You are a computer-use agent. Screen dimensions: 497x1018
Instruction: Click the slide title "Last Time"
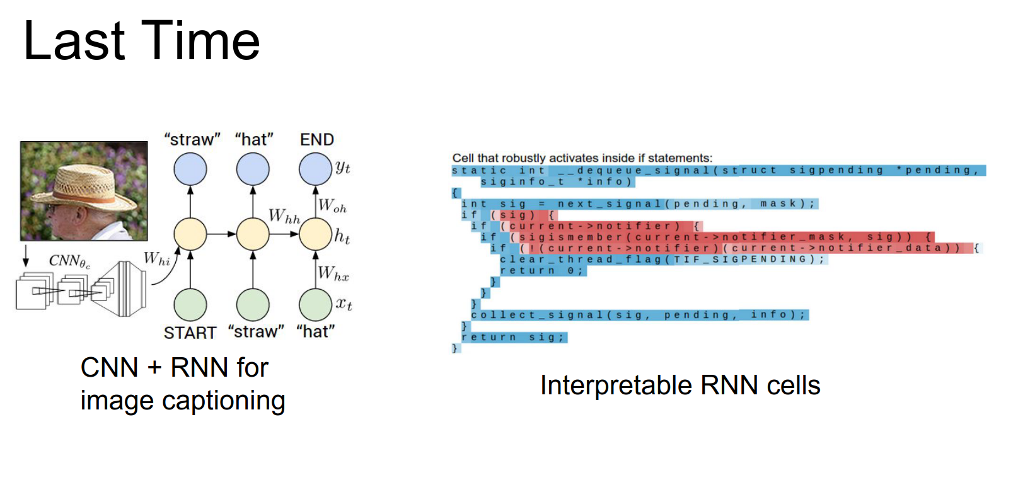141,42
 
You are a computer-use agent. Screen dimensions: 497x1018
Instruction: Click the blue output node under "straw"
190,169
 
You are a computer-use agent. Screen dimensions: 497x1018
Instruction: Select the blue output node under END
315,169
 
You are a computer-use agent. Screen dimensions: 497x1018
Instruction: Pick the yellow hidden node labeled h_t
315,234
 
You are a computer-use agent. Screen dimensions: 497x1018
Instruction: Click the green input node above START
190,305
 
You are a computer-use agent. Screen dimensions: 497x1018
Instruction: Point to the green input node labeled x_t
315,305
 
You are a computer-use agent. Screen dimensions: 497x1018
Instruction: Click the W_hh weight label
284,216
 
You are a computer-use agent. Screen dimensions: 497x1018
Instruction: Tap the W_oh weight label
332,206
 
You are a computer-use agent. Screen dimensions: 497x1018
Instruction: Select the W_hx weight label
333,274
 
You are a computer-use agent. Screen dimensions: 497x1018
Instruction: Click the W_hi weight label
156,259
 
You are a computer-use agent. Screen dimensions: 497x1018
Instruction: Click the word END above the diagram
316,140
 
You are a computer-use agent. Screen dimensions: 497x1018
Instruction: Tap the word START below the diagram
190,333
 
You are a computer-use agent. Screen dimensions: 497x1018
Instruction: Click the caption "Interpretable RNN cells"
680,386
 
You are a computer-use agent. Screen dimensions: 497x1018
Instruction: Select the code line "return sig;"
514,338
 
